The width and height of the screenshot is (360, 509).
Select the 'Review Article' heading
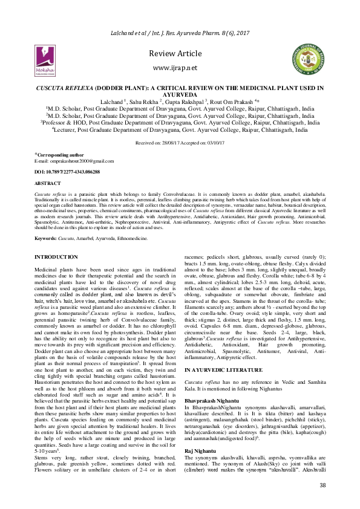[180, 54]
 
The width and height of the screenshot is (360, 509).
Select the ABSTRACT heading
[48, 183]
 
